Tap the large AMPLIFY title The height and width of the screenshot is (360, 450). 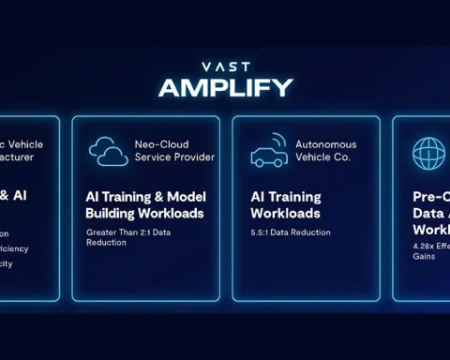point(225,87)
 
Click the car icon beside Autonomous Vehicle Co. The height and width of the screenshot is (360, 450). point(269,152)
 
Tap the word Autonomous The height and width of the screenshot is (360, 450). point(326,144)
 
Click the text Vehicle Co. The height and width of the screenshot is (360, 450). point(322,157)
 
